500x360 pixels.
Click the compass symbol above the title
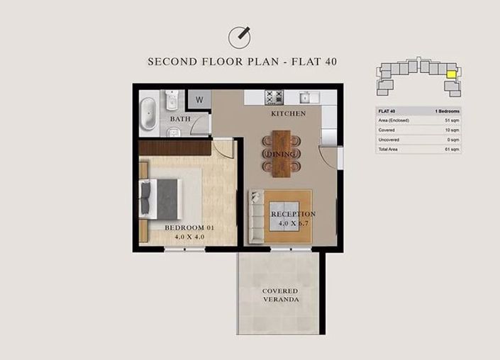click(x=240, y=37)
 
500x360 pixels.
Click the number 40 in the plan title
click(x=328, y=62)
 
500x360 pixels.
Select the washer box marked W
click(x=199, y=100)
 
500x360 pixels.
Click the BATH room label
click(x=179, y=119)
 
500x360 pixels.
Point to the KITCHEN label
click(x=288, y=113)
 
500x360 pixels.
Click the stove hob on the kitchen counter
click(x=274, y=97)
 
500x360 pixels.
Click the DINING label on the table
click(x=281, y=154)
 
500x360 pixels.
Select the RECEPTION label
click(x=292, y=214)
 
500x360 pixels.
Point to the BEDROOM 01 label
click(x=189, y=227)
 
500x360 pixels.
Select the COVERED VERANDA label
click(x=279, y=296)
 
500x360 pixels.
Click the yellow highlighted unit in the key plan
click(x=450, y=71)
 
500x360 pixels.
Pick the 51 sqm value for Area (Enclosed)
click(x=452, y=120)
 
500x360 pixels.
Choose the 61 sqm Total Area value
click(x=452, y=150)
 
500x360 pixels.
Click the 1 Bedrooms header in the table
click(x=446, y=111)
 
